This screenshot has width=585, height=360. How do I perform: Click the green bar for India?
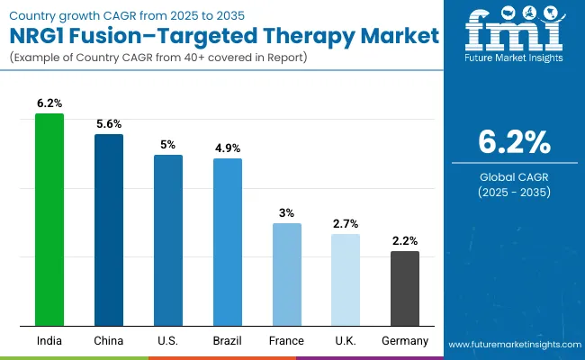(x=49, y=220)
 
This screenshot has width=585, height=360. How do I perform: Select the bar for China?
(x=109, y=229)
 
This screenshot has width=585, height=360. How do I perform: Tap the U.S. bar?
(x=168, y=240)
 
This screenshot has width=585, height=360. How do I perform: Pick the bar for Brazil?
(x=228, y=242)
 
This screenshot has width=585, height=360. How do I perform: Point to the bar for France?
(x=286, y=274)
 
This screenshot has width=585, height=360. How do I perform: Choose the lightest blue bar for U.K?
(x=346, y=280)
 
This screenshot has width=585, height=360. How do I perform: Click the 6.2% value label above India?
(x=49, y=104)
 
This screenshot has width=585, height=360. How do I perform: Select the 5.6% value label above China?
(x=109, y=125)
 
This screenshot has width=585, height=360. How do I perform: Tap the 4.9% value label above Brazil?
(x=228, y=148)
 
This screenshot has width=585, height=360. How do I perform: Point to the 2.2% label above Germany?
(x=405, y=241)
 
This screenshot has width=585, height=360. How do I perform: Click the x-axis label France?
(x=286, y=341)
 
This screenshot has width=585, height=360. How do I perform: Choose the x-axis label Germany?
(x=405, y=341)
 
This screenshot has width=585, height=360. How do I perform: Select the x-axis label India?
(x=49, y=341)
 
